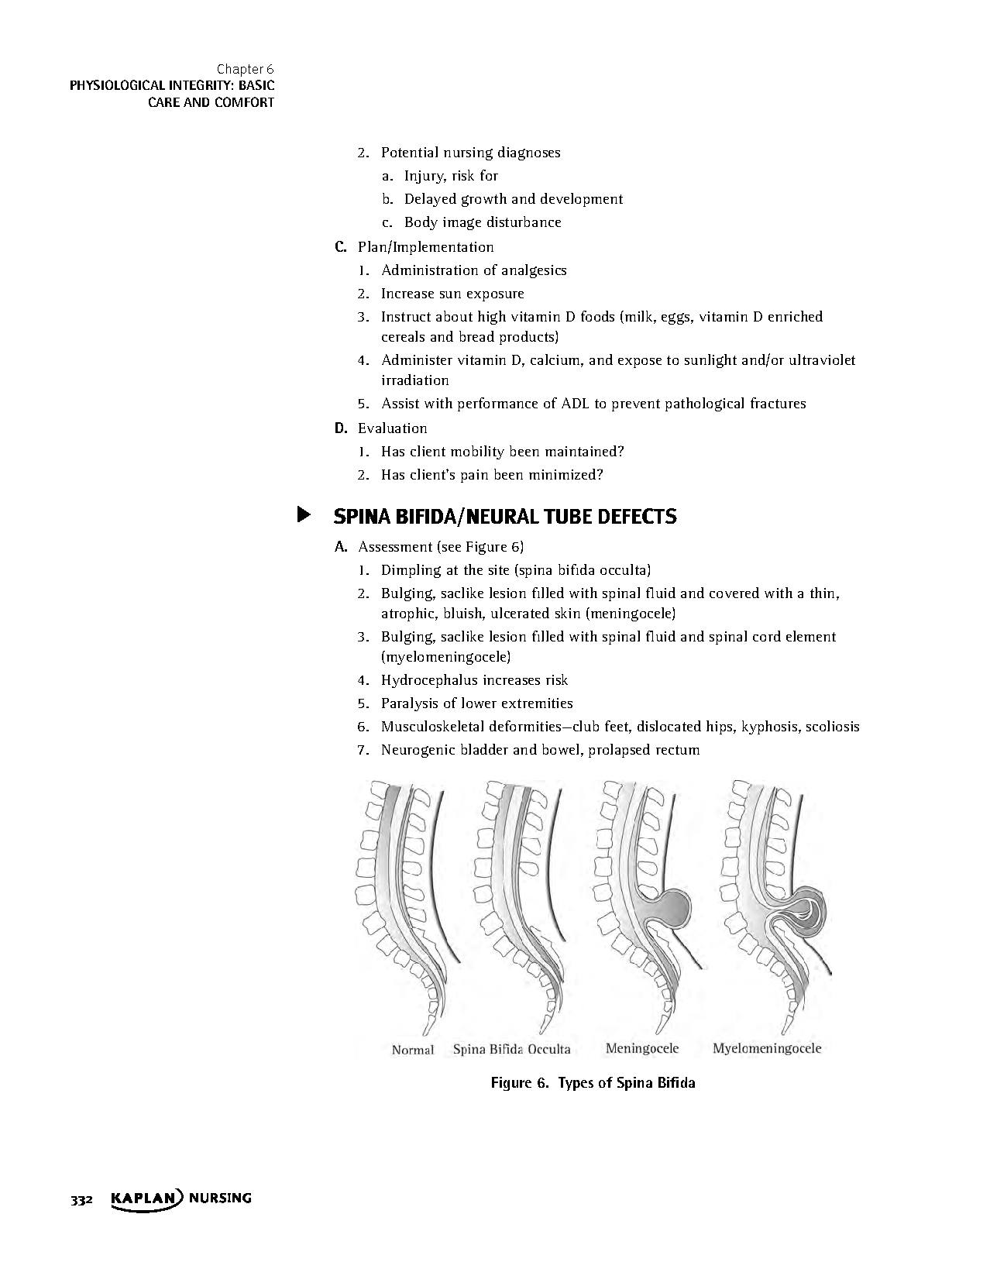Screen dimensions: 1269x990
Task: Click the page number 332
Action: (x=81, y=1200)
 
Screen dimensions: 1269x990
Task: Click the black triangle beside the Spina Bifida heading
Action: (x=304, y=515)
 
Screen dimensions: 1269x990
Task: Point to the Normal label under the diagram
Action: (x=412, y=1051)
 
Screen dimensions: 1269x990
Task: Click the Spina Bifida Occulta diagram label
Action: (x=511, y=1050)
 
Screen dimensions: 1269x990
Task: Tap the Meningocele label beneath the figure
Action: (x=641, y=1049)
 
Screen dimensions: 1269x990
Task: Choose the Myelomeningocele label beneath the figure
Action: (x=766, y=1049)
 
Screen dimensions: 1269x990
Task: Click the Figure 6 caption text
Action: (x=593, y=1083)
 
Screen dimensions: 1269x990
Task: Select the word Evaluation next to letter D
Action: (x=392, y=428)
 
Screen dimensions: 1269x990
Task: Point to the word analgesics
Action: (x=534, y=270)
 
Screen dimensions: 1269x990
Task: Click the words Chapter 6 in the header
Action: (x=245, y=69)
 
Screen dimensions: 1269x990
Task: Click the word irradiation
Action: (x=414, y=380)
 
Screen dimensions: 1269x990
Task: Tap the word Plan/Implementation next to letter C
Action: (x=425, y=247)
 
